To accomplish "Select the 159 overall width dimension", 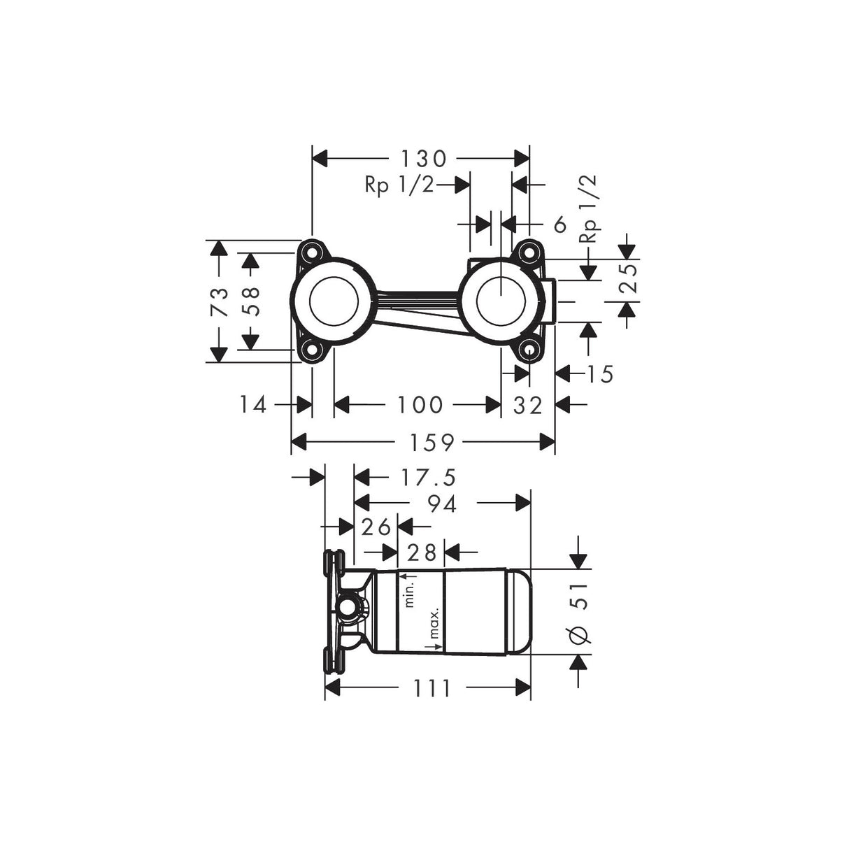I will tap(433, 442).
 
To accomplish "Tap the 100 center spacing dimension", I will tap(420, 404).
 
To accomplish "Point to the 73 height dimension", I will tap(220, 302).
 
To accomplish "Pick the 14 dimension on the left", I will tap(253, 404).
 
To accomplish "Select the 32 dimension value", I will tap(528, 404).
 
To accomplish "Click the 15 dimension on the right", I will tap(600, 374).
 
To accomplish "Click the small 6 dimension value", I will tap(559, 224).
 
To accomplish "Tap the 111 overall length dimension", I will tap(431, 689).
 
